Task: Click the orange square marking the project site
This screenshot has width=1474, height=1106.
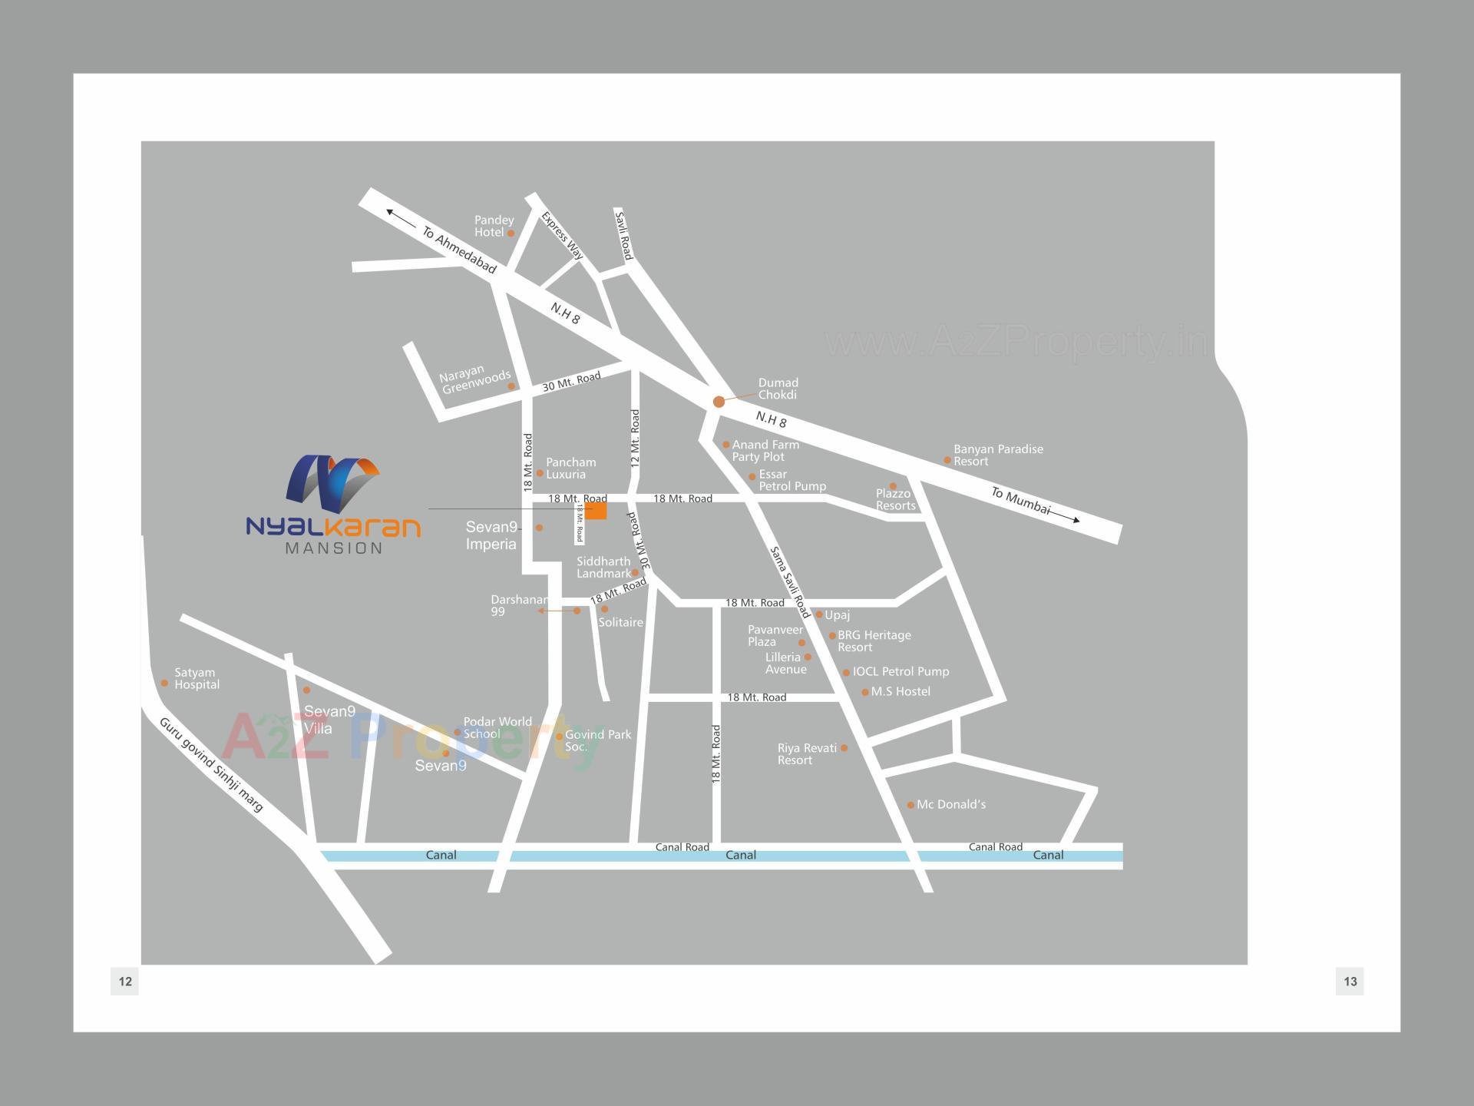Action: pos(596,511)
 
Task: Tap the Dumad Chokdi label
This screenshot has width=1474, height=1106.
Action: pos(778,389)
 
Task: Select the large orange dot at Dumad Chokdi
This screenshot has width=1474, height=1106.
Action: pos(719,402)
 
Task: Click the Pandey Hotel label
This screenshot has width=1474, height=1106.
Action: pos(493,226)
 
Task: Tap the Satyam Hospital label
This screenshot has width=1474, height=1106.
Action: pos(197,678)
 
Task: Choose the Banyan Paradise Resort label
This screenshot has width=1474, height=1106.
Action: pos(997,455)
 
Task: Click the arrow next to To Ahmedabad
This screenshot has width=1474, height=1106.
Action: pos(402,217)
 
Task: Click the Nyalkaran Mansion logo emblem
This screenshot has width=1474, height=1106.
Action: pos(332,484)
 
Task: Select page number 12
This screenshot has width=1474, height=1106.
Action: pos(125,981)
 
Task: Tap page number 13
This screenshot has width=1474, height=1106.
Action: pos(1350,981)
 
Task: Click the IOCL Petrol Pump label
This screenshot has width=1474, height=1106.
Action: pos(901,671)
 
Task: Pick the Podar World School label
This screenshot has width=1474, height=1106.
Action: pos(497,727)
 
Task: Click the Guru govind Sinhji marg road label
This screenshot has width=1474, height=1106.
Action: pos(211,764)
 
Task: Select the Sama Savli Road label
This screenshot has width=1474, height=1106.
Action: pos(790,582)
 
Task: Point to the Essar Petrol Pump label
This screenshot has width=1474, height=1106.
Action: pos(792,480)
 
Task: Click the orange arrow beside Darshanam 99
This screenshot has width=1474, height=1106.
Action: pos(553,611)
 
